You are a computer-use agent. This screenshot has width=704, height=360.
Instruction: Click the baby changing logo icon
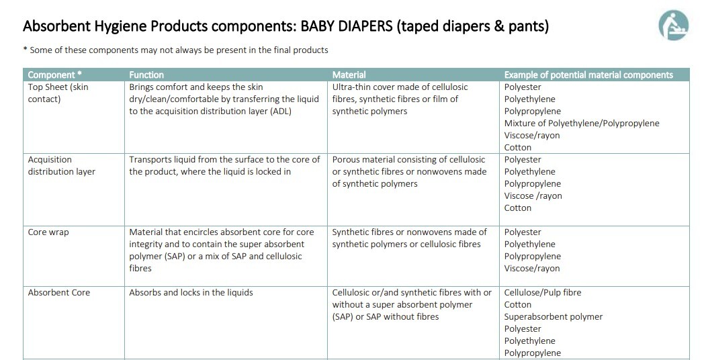(673, 26)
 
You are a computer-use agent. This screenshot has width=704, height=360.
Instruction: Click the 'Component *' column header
(55, 75)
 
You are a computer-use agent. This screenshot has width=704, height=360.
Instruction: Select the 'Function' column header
(146, 75)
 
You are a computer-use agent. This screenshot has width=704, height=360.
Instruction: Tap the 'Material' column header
(349, 75)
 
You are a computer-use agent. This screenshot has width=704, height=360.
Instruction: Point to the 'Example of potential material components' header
(588, 75)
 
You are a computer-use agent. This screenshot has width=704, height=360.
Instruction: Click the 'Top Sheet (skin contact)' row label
(58, 93)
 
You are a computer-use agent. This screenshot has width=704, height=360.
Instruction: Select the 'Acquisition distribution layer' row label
(61, 165)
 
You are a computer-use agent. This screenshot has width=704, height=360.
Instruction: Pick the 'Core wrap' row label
(48, 232)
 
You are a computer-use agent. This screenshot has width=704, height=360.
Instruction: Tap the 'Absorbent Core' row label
(59, 292)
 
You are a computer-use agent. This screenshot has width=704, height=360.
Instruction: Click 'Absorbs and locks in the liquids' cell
(191, 292)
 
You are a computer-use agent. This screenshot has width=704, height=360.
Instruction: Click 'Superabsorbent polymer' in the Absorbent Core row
(554, 316)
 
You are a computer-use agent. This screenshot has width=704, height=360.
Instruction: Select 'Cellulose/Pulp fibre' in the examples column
(543, 292)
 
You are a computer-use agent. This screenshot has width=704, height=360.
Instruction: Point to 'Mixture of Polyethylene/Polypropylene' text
(582, 123)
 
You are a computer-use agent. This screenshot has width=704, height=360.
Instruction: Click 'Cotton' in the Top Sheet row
(518, 147)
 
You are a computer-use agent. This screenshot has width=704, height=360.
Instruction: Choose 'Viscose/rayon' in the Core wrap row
(532, 268)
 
